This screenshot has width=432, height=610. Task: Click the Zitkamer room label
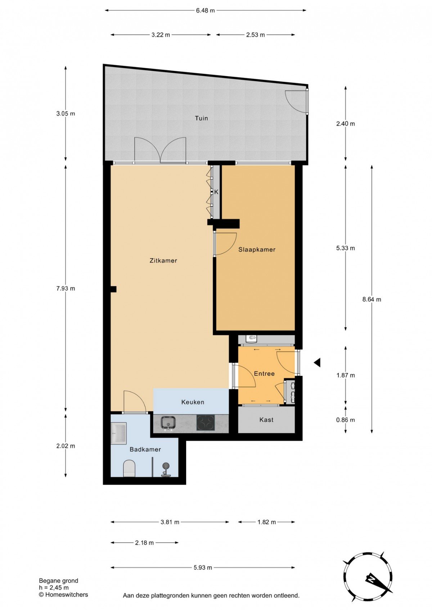tap(163, 261)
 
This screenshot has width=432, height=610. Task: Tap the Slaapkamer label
tap(257, 250)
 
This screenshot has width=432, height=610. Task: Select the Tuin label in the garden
tap(201, 118)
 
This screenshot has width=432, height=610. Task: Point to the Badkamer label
tap(145, 450)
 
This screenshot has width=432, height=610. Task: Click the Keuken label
tap(193, 402)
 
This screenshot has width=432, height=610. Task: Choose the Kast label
tap(266, 420)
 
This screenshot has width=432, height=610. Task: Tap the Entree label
tap(264, 374)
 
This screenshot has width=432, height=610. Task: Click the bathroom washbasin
tap(118, 433)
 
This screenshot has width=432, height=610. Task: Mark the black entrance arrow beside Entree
tap(317, 363)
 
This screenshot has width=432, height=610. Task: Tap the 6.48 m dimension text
tap(205, 11)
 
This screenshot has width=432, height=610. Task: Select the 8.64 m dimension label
tap(372, 300)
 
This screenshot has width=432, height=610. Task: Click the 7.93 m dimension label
tap(66, 289)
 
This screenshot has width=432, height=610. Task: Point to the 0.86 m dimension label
tap(346, 420)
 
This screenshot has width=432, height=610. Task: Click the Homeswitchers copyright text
tap(63, 595)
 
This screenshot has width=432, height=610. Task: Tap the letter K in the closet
tap(216, 192)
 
